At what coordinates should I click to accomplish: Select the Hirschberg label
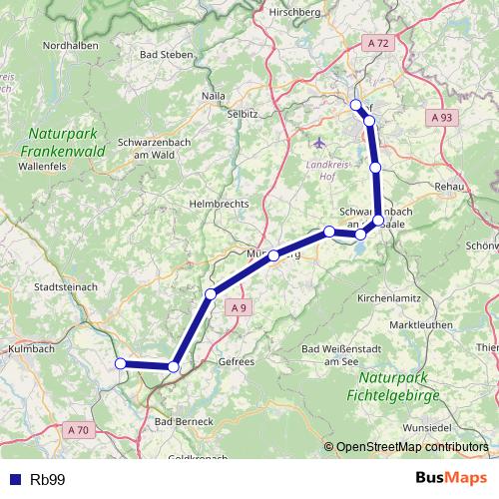click(x=293, y=13)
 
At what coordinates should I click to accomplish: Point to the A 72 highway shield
click(x=377, y=43)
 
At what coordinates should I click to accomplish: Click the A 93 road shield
click(x=442, y=118)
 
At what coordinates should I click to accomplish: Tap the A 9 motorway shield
click(x=238, y=308)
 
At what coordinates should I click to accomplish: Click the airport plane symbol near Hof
click(x=318, y=141)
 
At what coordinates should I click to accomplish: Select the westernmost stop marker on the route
click(x=121, y=363)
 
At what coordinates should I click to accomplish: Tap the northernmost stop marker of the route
click(x=356, y=104)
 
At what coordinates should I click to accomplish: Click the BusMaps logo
click(x=452, y=478)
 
